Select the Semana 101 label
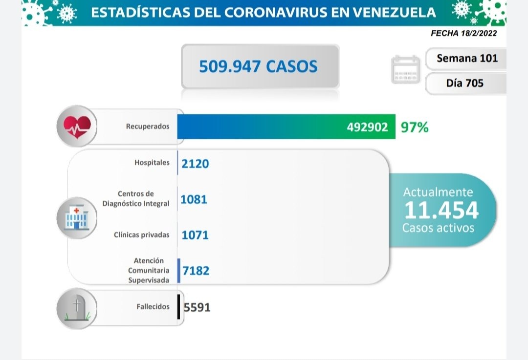(x=467, y=58)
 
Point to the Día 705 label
(x=464, y=83)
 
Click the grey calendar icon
(x=406, y=70)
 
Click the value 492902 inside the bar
(x=367, y=127)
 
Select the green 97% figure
(x=415, y=127)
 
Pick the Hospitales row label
(x=152, y=163)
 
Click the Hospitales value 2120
(x=195, y=164)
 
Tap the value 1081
(x=194, y=199)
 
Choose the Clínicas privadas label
(x=142, y=235)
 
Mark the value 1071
(x=195, y=235)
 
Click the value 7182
(x=196, y=270)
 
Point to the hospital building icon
(x=77, y=217)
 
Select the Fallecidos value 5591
(x=197, y=308)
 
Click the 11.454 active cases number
(x=441, y=210)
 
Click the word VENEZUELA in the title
(x=394, y=12)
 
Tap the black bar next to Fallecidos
(x=179, y=307)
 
